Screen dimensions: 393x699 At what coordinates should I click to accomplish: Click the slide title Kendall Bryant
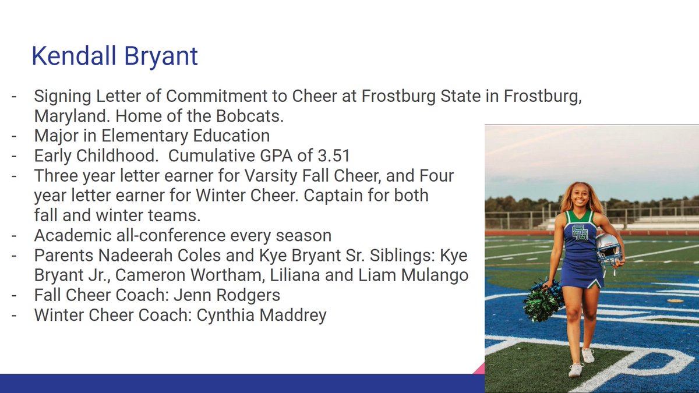tap(114, 56)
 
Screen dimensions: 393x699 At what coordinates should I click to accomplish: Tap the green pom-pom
tap(543, 300)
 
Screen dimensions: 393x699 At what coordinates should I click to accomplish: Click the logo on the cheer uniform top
tap(580, 232)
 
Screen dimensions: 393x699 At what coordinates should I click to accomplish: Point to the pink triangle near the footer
tap(479, 368)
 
